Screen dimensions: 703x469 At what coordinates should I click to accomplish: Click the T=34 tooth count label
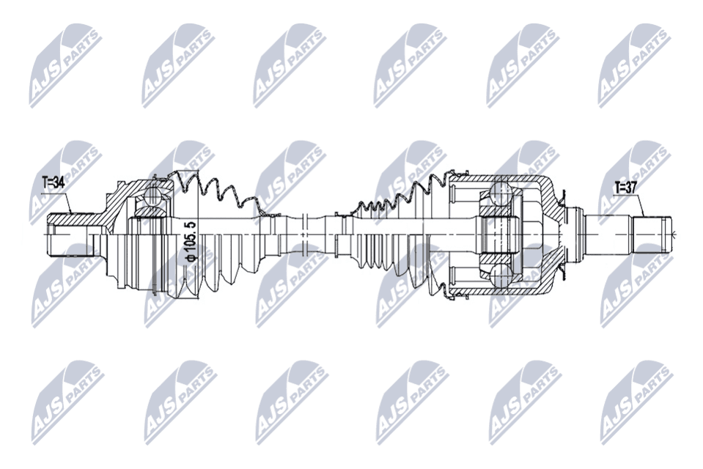coord(54,182)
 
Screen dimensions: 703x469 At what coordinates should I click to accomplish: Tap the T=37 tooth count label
coord(625,188)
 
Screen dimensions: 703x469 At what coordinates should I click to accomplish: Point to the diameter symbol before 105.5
coord(191,257)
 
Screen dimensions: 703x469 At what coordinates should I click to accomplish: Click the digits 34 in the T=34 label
coord(59,182)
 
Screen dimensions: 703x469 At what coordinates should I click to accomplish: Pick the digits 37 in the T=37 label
coord(631,188)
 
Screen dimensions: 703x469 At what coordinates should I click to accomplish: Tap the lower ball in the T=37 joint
coord(501,275)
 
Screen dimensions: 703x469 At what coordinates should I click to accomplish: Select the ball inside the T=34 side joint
coord(152,196)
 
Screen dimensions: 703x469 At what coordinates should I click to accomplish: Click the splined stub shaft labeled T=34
coord(71,234)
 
